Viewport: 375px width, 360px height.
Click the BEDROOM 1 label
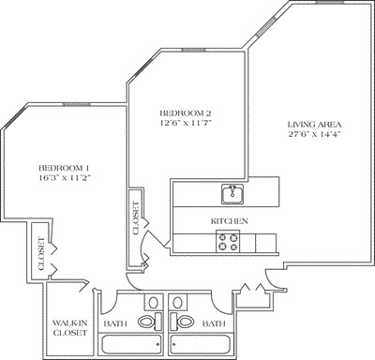(x=63, y=160)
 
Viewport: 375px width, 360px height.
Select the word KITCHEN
(x=228, y=220)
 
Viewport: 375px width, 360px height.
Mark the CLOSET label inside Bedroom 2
(x=136, y=217)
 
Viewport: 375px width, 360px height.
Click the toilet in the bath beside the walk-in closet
(x=148, y=322)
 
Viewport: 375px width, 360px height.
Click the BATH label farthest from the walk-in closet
(x=214, y=323)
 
